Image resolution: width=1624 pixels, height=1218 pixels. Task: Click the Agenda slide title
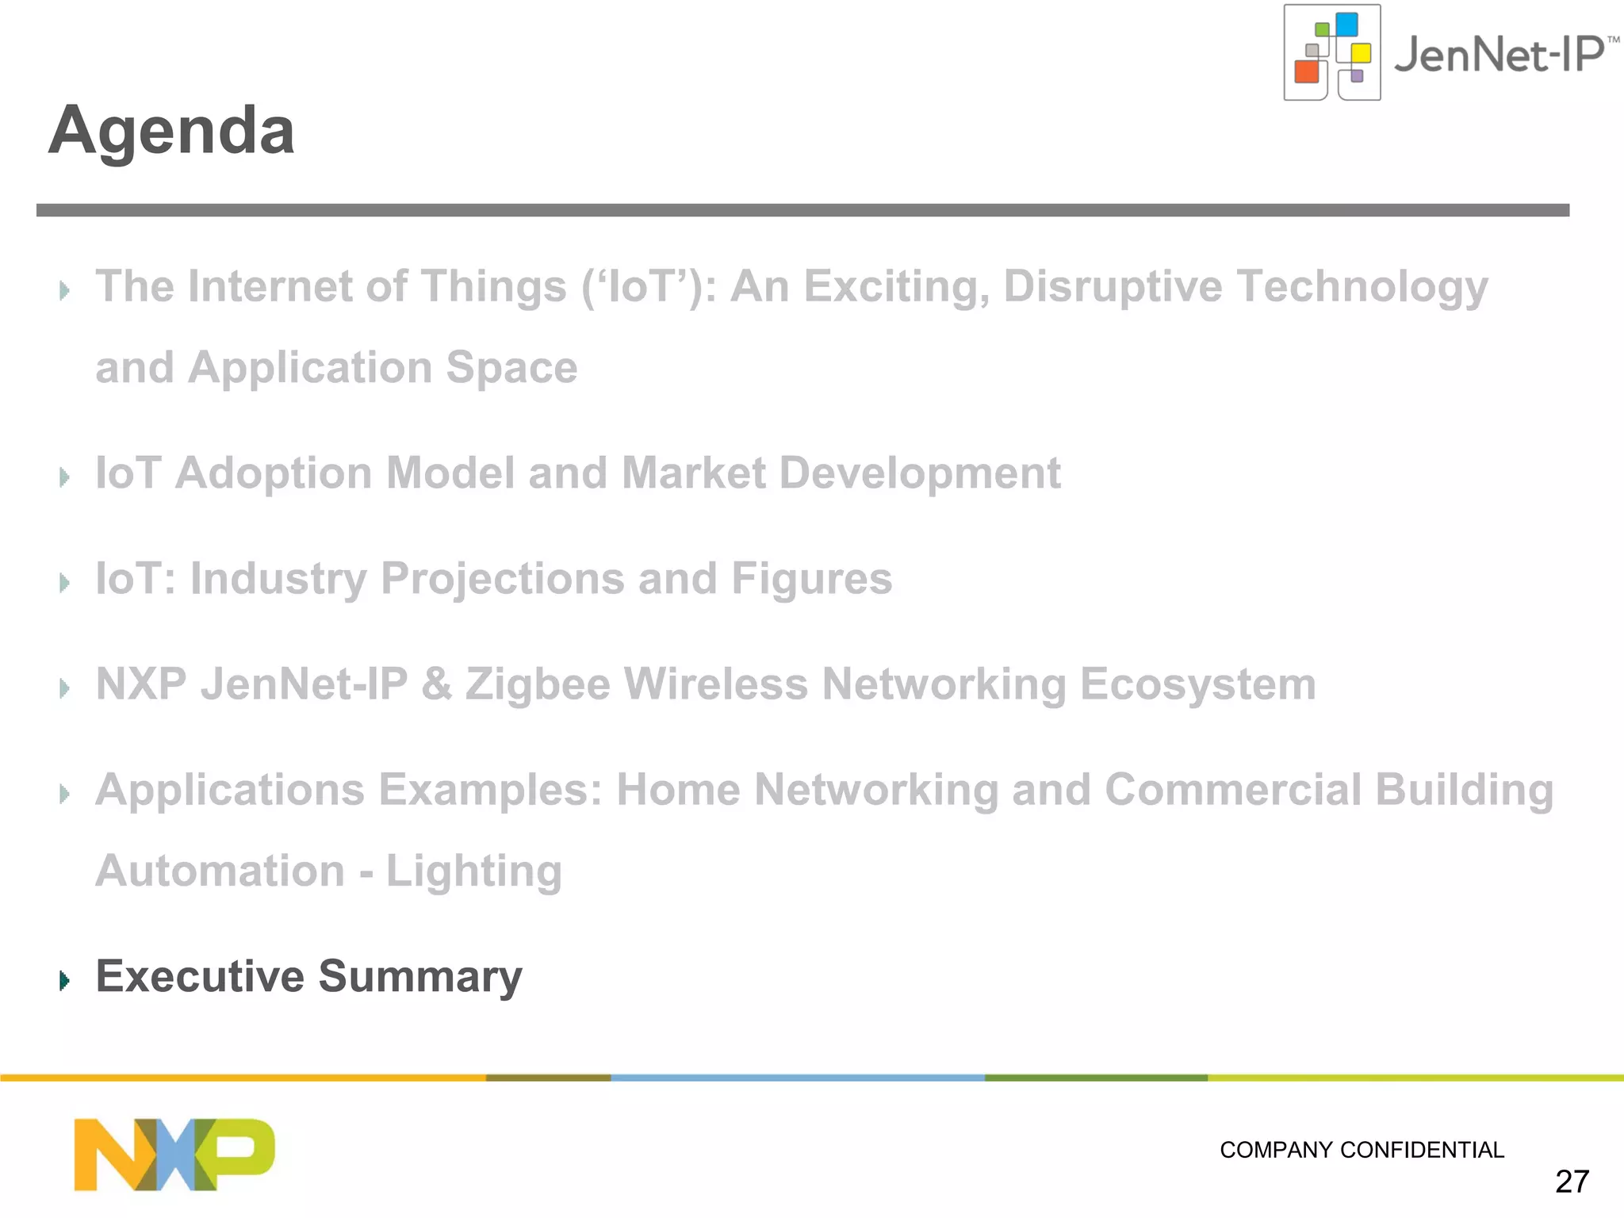(x=171, y=131)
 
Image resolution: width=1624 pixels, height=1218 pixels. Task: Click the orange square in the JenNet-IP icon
(x=1306, y=71)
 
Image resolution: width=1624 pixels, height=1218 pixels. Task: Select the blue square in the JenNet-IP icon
(x=1346, y=25)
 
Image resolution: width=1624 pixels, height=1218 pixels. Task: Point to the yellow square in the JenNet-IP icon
(x=1361, y=53)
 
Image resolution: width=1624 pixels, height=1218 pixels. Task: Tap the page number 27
(x=1572, y=1182)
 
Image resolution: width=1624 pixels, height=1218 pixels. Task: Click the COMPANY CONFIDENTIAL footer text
(x=1362, y=1150)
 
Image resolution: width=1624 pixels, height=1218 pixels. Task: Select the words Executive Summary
(x=308, y=976)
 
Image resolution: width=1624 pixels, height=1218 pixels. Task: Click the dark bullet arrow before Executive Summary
(x=65, y=981)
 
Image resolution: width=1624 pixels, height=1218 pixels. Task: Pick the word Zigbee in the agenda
(x=538, y=684)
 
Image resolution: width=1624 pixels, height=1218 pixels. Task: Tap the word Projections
(x=503, y=579)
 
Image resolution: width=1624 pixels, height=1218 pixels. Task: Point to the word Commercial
(x=1233, y=790)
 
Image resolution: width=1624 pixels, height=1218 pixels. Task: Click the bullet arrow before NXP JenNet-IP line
(x=65, y=688)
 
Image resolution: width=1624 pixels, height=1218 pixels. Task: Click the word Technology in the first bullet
(x=1362, y=286)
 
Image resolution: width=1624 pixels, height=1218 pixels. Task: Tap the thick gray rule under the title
(x=802, y=210)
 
